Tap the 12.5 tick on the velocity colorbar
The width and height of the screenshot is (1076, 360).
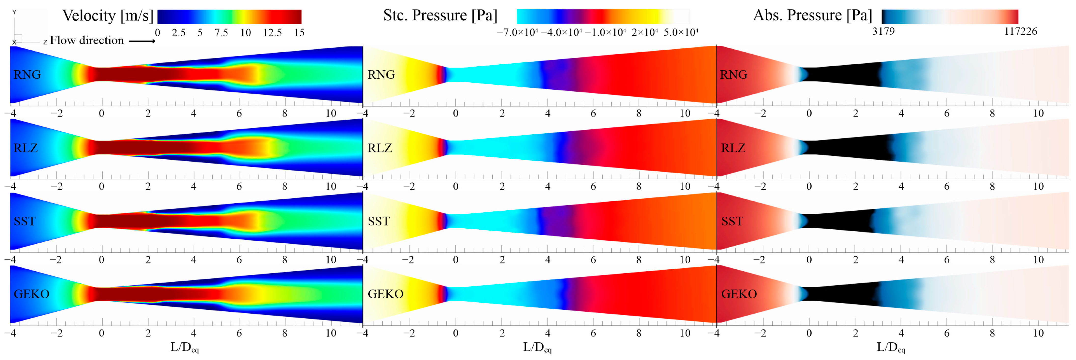(x=272, y=33)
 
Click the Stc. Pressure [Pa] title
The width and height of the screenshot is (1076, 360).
(x=440, y=15)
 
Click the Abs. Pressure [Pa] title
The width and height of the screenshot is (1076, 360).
(x=813, y=15)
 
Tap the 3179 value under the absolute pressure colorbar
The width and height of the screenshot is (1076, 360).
(x=883, y=31)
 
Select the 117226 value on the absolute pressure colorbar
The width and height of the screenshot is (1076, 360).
(x=1021, y=31)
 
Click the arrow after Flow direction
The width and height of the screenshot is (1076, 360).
(x=142, y=41)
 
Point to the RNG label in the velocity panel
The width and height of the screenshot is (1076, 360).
(x=27, y=75)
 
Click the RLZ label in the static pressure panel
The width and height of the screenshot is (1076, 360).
(x=379, y=148)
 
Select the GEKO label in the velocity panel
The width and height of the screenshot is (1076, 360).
(x=31, y=294)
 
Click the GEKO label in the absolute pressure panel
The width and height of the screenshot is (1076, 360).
(x=739, y=294)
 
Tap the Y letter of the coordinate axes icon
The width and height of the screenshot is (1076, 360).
(x=14, y=12)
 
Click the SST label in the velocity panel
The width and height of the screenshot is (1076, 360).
(x=25, y=221)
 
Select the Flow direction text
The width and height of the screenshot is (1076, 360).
(x=87, y=41)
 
